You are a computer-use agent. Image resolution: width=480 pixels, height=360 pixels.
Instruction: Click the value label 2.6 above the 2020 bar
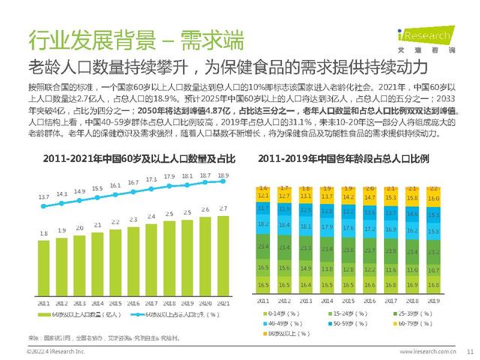[205, 210]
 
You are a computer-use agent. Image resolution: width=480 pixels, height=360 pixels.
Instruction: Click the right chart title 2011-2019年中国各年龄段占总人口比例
[352, 159]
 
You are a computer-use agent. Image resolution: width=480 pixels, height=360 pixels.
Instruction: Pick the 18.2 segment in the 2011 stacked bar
[262, 223]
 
